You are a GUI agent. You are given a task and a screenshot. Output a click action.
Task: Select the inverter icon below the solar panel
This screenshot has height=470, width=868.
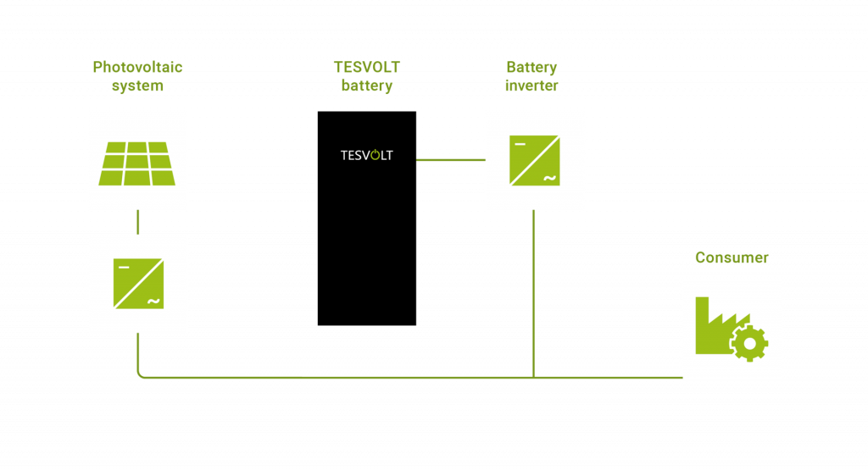(138, 284)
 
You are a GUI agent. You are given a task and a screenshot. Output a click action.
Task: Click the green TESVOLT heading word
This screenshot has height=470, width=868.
(366, 67)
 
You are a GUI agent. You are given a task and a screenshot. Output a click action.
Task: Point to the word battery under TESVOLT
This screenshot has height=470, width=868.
(366, 86)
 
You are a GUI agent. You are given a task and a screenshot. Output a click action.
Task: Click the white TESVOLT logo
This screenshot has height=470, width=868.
(366, 156)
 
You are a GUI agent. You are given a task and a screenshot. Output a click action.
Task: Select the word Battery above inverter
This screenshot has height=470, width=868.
(531, 67)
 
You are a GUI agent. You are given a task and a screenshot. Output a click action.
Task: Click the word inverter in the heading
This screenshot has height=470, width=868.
(531, 86)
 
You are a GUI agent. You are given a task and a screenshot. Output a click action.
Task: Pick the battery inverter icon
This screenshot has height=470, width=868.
(534, 160)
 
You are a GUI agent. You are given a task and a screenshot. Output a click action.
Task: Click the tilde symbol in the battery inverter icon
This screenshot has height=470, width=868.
(548, 178)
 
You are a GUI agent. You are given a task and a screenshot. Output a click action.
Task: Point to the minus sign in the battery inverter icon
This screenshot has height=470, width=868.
(519, 144)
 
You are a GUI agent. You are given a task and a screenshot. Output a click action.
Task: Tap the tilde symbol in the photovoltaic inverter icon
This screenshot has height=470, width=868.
(153, 301)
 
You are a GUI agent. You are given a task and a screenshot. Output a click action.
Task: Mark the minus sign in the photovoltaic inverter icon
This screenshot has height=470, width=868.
(124, 268)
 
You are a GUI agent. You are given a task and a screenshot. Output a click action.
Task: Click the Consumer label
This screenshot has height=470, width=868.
(732, 257)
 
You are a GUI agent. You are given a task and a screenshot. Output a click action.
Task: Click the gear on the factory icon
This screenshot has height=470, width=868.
(749, 343)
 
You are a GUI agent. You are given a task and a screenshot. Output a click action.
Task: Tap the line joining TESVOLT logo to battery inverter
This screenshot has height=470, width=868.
(450, 159)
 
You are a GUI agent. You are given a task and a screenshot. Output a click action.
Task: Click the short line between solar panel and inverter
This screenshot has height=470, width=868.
(137, 222)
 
